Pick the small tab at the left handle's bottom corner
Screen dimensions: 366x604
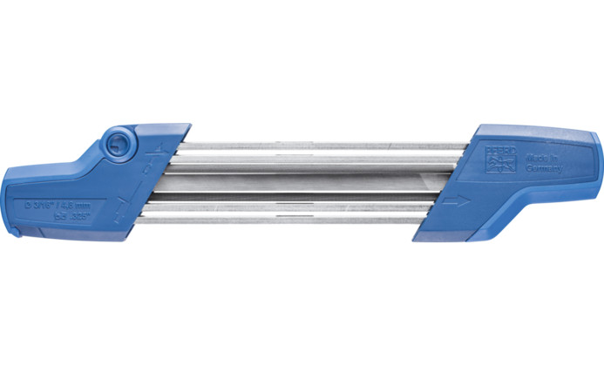tap(15, 233)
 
